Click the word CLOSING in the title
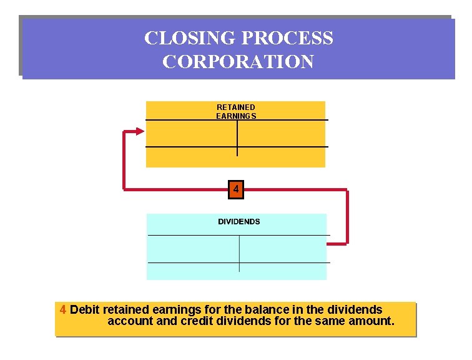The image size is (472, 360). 190,38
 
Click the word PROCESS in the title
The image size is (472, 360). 287,38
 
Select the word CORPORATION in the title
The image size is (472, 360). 238,61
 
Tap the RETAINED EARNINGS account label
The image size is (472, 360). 236,111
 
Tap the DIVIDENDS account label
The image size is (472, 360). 239,222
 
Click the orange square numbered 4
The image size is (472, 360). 236,189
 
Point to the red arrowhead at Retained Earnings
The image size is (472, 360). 140,131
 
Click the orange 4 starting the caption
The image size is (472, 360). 62,309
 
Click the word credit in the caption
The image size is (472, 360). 197,321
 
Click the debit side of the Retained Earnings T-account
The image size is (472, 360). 192,134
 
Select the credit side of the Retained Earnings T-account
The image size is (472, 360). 282,134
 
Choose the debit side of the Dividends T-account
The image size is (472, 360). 194,249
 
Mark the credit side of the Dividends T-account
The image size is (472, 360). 283,249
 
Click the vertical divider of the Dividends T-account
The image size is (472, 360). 239,254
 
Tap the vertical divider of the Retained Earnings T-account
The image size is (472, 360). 237,138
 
